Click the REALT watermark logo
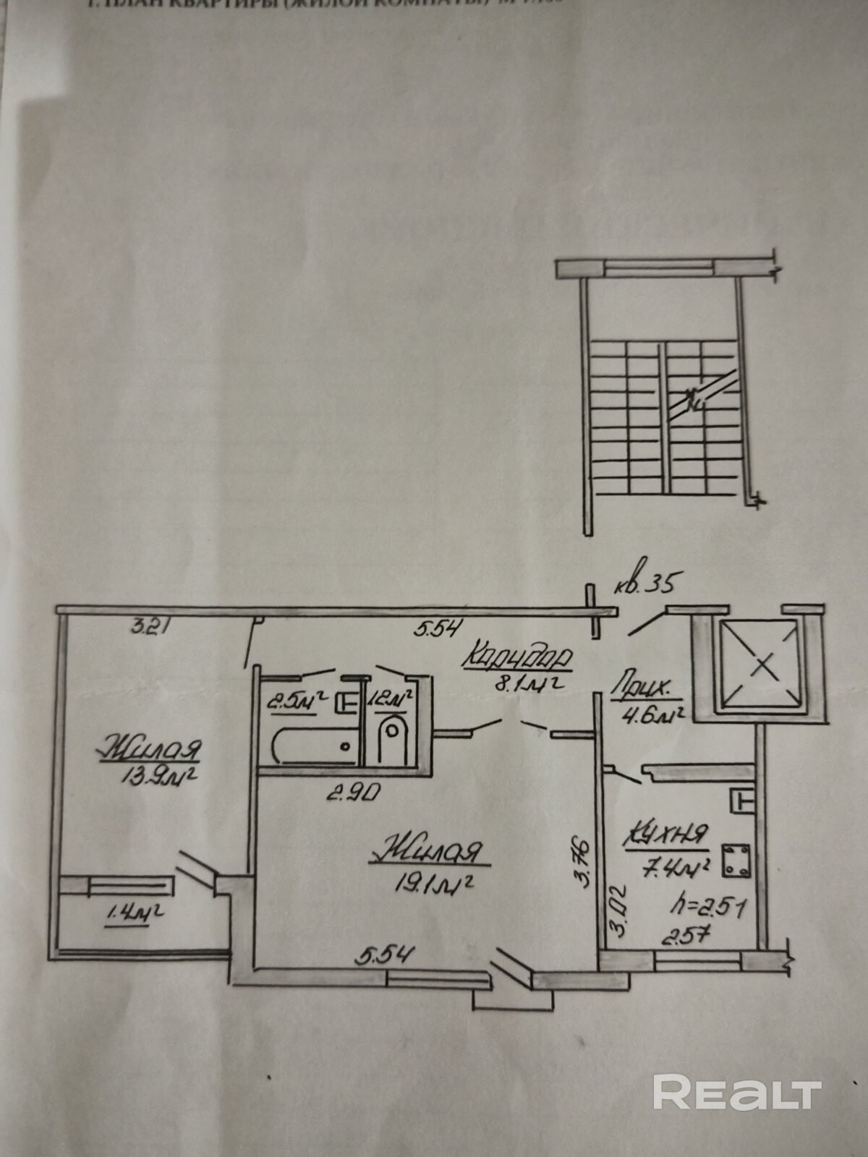point(737,1092)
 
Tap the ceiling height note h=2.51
point(697,905)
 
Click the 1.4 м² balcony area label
point(135,913)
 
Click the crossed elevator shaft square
point(757,663)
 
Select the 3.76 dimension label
point(585,862)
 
